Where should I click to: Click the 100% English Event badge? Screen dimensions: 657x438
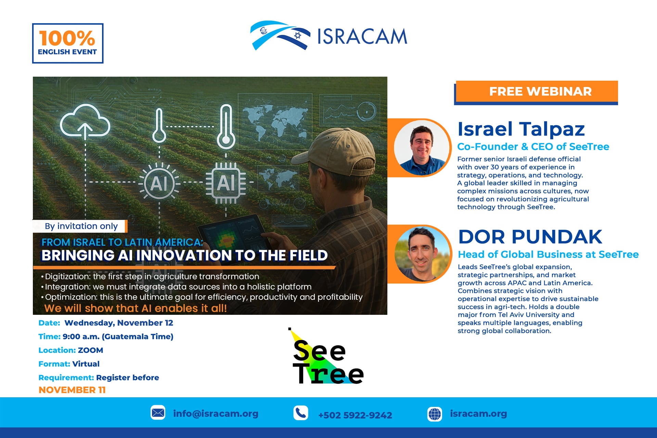pos(68,43)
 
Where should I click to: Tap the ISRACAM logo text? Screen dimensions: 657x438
pos(362,37)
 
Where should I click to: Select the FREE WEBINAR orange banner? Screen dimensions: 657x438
pos(537,92)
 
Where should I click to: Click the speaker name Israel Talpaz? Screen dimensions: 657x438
pos(521,129)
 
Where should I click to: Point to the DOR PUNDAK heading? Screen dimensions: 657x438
pos(530,237)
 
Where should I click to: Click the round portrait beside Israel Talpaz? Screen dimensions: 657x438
pos(422,148)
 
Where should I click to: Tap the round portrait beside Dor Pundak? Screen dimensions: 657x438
pos(422,254)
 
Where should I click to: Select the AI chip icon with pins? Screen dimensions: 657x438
pos(226,183)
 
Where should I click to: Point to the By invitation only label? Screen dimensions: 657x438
pos(81,226)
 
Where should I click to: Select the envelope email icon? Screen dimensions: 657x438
pos(158,413)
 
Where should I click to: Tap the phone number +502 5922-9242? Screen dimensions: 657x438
pos(355,415)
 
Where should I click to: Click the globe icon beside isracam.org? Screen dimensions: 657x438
pos(435,414)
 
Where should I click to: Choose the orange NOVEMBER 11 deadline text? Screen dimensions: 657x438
pos(72,390)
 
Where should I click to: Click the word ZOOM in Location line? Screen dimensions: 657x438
pos(90,350)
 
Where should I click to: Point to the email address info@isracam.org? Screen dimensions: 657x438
pos(216,414)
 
